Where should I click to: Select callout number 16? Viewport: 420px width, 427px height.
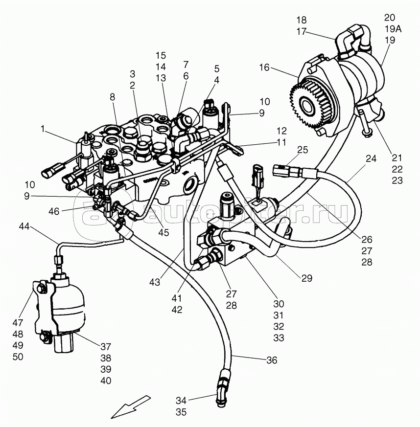pyautogui.click(x=264, y=67)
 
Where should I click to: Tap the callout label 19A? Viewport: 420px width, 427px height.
pyautogui.click(x=392, y=29)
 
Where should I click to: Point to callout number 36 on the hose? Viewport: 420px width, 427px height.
pyautogui.click(x=272, y=360)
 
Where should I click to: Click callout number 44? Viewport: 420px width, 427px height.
pyautogui.click(x=24, y=226)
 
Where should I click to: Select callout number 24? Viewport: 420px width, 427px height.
pyautogui.click(x=371, y=158)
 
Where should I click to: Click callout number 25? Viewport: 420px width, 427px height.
pyautogui.click(x=302, y=150)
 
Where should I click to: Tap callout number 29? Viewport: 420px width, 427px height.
pyautogui.click(x=306, y=278)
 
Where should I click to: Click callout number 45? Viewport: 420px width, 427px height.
pyautogui.click(x=163, y=232)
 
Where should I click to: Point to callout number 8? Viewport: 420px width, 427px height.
pyautogui.click(x=113, y=97)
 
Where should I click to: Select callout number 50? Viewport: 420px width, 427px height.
pyautogui.click(x=18, y=357)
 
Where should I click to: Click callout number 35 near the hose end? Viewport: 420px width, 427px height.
pyautogui.click(x=181, y=412)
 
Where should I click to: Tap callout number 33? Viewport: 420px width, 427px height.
pyautogui.click(x=279, y=338)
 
